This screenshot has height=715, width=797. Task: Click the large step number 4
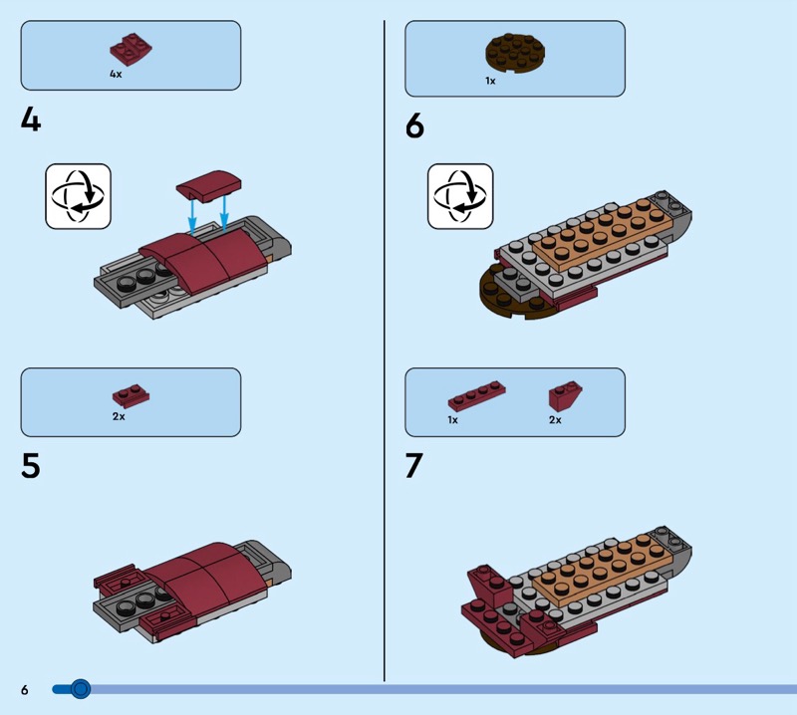coord(31,121)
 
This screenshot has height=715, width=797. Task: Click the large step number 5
coord(31,465)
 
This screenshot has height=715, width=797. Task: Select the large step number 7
coord(414,465)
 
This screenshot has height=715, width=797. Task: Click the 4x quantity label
coord(116,74)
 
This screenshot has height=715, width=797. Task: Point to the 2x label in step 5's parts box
coord(118,416)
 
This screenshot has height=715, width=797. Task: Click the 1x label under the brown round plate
coord(490,81)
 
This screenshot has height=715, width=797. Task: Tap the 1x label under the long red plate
coord(452,419)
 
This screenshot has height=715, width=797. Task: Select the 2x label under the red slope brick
coord(555,419)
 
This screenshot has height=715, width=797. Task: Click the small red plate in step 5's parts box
coord(131,394)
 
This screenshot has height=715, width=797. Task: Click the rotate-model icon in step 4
coord(78,196)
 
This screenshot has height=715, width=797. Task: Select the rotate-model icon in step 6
coord(460,196)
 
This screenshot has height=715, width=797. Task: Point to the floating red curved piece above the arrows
coord(208,184)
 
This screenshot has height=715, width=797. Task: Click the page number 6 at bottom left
coord(24,689)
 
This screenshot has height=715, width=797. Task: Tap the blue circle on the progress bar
coord(80,688)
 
